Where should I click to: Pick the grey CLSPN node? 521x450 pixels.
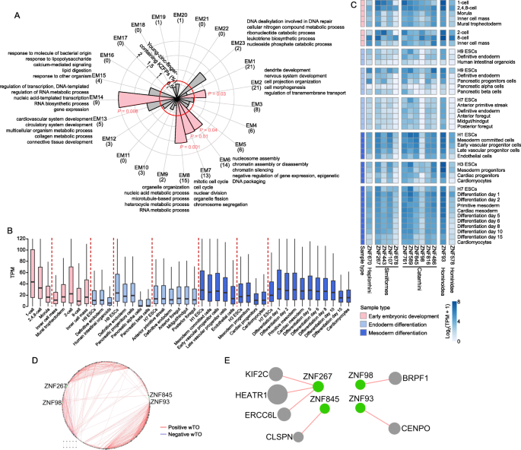click(298, 436)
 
